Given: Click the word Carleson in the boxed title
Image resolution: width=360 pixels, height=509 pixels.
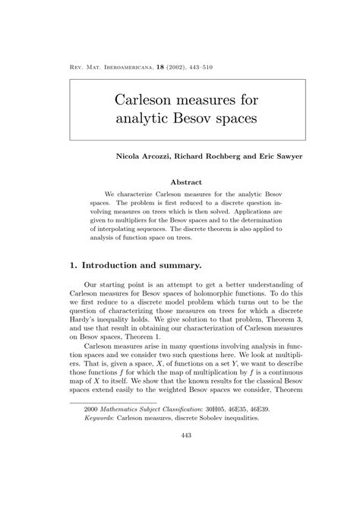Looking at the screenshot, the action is click(x=149, y=100).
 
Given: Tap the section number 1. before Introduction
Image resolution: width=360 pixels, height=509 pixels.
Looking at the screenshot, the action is click(x=74, y=265).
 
